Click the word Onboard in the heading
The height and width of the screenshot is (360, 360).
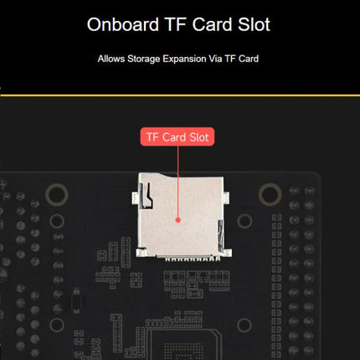tap(123, 24)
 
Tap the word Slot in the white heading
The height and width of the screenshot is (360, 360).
tap(254, 24)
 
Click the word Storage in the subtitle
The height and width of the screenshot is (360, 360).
tap(144, 59)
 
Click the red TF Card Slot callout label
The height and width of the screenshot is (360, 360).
tap(177, 136)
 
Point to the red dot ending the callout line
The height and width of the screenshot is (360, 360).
tap(177, 220)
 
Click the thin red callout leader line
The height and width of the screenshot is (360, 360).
tap(177, 182)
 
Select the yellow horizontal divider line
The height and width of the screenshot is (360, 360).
tap(180, 95)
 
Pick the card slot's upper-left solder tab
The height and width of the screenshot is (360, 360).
tap(135, 198)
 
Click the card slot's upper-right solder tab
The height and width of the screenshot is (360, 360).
tap(226, 198)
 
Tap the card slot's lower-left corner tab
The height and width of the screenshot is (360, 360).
tap(141, 252)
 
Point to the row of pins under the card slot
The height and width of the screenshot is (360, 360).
tap(193, 259)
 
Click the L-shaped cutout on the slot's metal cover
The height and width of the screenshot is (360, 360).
tap(147, 196)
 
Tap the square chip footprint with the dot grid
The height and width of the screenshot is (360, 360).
tap(183, 345)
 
